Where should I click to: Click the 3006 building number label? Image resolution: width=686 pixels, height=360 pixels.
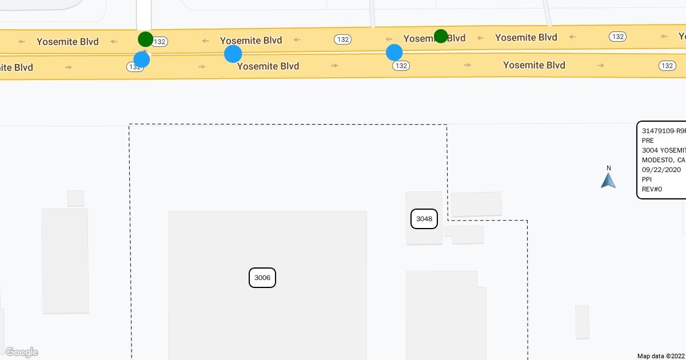pyautogui.click(x=262, y=278)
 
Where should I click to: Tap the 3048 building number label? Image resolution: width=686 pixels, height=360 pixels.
pyautogui.click(x=424, y=219)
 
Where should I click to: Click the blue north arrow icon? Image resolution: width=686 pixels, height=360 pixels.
pyautogui.click(x=608, y=181)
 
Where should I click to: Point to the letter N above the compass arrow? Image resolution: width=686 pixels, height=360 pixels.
pyautogui.click(x=609, y=168)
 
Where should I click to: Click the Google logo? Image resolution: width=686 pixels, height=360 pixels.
pyautogui.click(x=21, y=352)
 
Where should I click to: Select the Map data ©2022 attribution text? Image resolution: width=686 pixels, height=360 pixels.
pyautogui.click(x=661, y=356)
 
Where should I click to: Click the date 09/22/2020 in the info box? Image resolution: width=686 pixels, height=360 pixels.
pyautogui.click(x=661, y=170)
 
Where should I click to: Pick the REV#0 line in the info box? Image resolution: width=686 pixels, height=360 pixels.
pyautogui.click(x=652, y=189)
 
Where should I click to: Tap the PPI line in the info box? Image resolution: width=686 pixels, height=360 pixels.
pyautogui.click(x=647, y=179)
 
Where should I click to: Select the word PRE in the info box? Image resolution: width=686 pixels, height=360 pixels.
pyautogui.click(x=648, y=141)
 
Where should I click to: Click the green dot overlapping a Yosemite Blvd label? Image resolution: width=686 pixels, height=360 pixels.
pyautogui.click(x=441, y=37)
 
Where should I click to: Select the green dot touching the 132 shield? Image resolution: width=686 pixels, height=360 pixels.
pyautogui.click(x=146, y=39)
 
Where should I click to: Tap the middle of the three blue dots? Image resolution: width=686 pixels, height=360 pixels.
pyautogui.click(x=233, y=54)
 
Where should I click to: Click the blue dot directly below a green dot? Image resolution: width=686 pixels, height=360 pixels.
pyautogui.click(x=141, y=59)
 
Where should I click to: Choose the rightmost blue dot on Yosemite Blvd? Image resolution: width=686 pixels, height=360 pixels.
pyautogui.click(x=394, y=53)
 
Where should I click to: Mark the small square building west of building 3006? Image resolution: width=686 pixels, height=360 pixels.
pyautogui.click(x=75, y=198)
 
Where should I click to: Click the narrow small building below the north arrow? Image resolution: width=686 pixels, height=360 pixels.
pyautogui.click(x=582, y=322)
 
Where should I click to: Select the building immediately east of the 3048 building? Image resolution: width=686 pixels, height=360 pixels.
pyautogui.click(x=476, y=204)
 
